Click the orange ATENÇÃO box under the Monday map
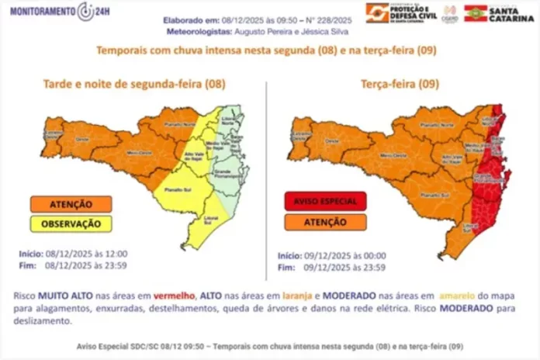pos(71,205)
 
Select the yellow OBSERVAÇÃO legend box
pos(71,223)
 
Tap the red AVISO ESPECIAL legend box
pos(324,202)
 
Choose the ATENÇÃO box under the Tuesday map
pos(324,221)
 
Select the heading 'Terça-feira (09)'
pos(396,84)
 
